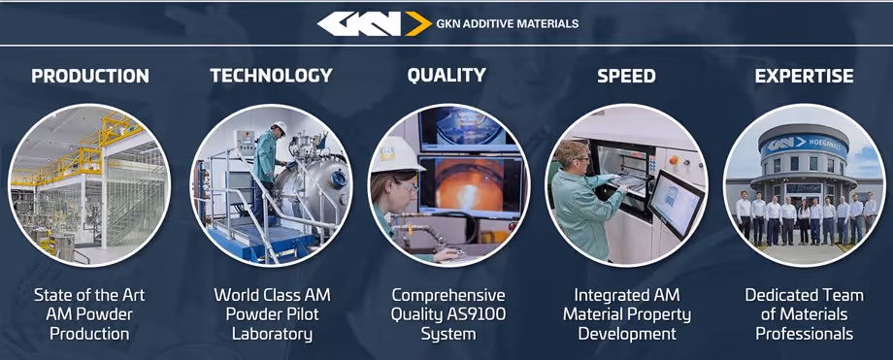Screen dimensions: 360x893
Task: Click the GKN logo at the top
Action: pos(358,23)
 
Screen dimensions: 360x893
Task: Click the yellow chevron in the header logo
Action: pos(417,23)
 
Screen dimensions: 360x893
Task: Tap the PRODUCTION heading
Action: pos(90,76)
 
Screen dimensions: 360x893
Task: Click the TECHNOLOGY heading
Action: pos(271,76)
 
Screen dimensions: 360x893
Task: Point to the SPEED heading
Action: pos(626,76)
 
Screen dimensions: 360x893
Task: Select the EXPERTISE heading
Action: pos(804,76)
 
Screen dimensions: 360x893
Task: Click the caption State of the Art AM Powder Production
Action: pos(89,313)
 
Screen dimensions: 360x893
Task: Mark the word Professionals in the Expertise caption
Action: pos(804,334)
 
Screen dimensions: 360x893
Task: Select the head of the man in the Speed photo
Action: pos(573,153)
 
